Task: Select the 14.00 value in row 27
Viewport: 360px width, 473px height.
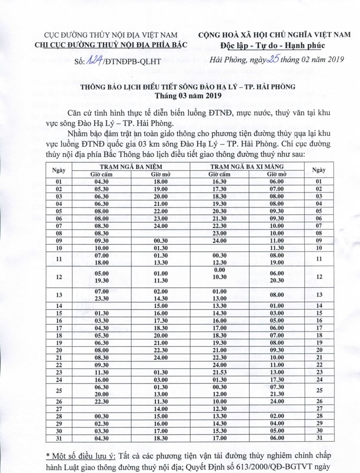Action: pos(161,409)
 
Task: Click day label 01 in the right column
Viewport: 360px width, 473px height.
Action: pos(319,181)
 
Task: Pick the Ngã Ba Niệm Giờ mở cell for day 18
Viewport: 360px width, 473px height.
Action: pos(161,335)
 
